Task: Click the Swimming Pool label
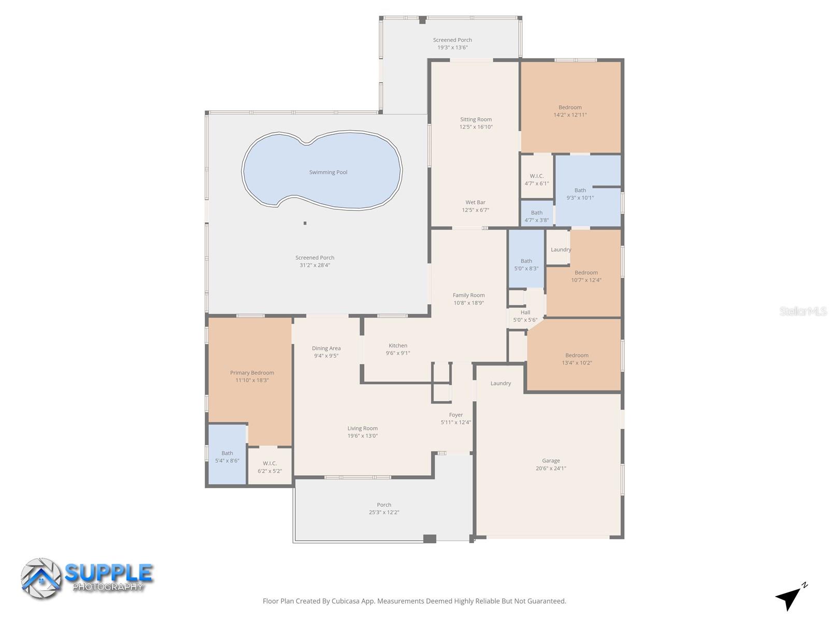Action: (x=328, y=172)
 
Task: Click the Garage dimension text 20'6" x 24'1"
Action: (x=551, y=468)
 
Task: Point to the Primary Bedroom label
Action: (x=252, y=373)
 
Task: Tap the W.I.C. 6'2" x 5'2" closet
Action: (x=269, y=467)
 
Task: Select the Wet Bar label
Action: (x=475, y=203)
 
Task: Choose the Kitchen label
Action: (x=398, y=346)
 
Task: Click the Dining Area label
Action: (x=326, y=348)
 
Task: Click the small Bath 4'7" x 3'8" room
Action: (x=536, y=216)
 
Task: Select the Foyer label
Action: (x=455, y=415)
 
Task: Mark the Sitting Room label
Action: (x=476, y=119)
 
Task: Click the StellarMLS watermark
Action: (x=803, y=312)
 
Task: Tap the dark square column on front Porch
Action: (x=430, y=539)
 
